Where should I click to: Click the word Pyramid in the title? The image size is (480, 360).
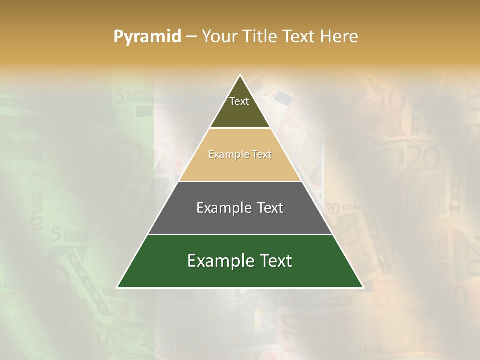click(x=147, y=37)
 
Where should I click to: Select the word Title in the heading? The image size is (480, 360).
click(x=262, y=36)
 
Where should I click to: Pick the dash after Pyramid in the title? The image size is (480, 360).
click(x=191, y=37)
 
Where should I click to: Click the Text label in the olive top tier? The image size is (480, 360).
click(x=239, y=101)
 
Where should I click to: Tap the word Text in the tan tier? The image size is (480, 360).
click(x=262, y=155)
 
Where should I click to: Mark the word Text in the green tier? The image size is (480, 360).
click(x=275, y=261)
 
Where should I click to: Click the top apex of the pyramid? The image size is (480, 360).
click(x=240, y=76)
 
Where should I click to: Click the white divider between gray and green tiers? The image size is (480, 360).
click(x=240, y=234)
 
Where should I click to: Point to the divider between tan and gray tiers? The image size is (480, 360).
click(x=240, y=181)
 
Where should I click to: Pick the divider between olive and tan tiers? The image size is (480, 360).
click(x=240, y=128)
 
